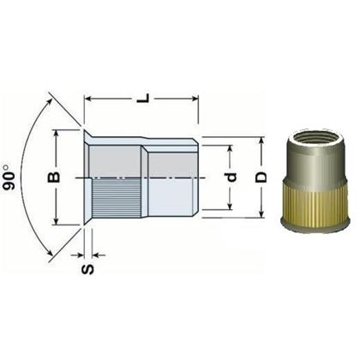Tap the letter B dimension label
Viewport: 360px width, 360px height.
[x=53, y=177]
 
